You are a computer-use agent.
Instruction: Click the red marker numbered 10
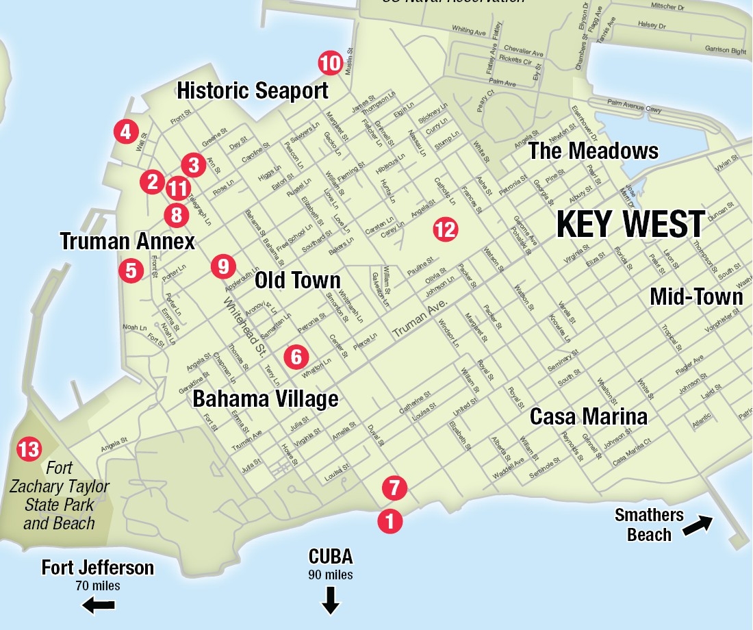point(330,64)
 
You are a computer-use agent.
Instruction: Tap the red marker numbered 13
point(29,449)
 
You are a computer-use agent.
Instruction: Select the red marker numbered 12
point(445,229)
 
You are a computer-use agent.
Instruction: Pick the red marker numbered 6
point(296,356)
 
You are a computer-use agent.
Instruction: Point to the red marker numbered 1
point(390,522)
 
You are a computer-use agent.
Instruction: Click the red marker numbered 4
point(125,131)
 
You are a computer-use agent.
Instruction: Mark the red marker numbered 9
point(223,266)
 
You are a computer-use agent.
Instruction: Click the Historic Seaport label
point(253,90)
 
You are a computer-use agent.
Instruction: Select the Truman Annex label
point(127,241)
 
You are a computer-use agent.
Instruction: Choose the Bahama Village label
point(265,399)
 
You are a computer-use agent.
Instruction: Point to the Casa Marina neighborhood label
point(588,416)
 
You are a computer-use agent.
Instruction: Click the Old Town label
point(297,280)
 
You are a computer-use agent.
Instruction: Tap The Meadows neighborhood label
point(593,151)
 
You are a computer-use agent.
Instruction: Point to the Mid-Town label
point(695,297)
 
